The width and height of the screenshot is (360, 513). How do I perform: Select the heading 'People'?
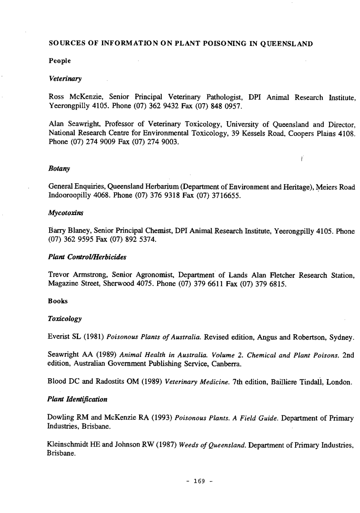pyautogui.click(x=60, y=61)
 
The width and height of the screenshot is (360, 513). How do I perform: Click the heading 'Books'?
pyautogui.click(x=58, y=301)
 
